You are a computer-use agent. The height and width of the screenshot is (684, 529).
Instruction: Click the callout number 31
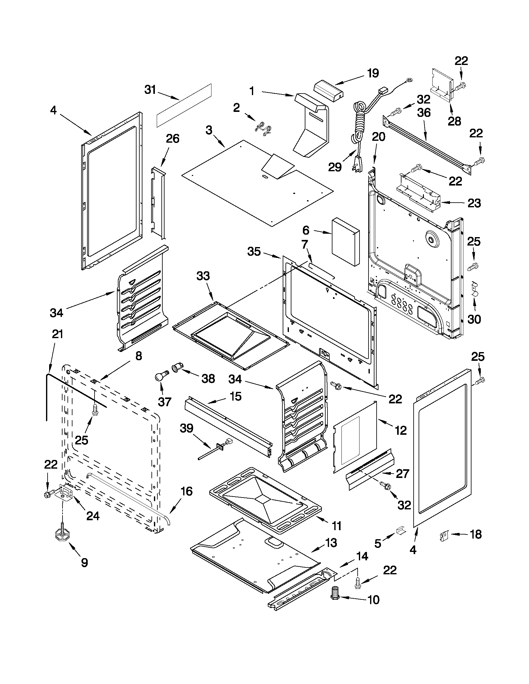pyautogui.click(x=150, y=90)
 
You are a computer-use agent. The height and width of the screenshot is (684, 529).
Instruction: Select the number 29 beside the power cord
pyautogui.click(x=335, y=167)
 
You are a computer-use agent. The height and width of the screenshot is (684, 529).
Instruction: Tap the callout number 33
pyautogui.click(x=203, y=276)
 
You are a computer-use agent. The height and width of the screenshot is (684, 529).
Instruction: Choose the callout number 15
pyautogui.click(x=235, y=396)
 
